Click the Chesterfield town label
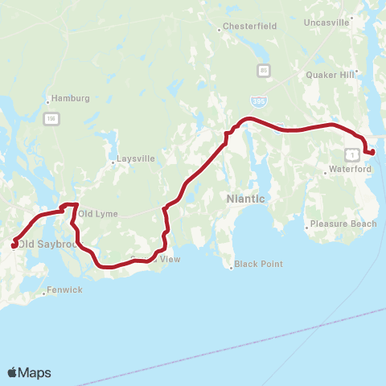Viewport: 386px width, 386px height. [251, 27]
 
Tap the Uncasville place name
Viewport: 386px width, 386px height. [326, 23]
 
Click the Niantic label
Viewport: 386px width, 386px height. [246, 198]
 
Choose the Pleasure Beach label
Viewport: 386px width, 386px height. [343, 224]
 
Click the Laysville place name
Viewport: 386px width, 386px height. [135, 158]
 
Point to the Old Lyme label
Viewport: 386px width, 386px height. [99, 214]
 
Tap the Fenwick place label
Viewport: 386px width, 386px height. [64, 289]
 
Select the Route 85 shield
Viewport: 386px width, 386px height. [264, 71]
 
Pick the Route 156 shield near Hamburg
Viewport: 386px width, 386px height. [51, 119]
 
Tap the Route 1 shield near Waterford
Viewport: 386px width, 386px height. [351, 152]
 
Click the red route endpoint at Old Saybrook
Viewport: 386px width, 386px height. [14, 244]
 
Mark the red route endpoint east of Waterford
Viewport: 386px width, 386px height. [372, 152]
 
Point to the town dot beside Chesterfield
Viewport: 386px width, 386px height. [220, 31]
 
